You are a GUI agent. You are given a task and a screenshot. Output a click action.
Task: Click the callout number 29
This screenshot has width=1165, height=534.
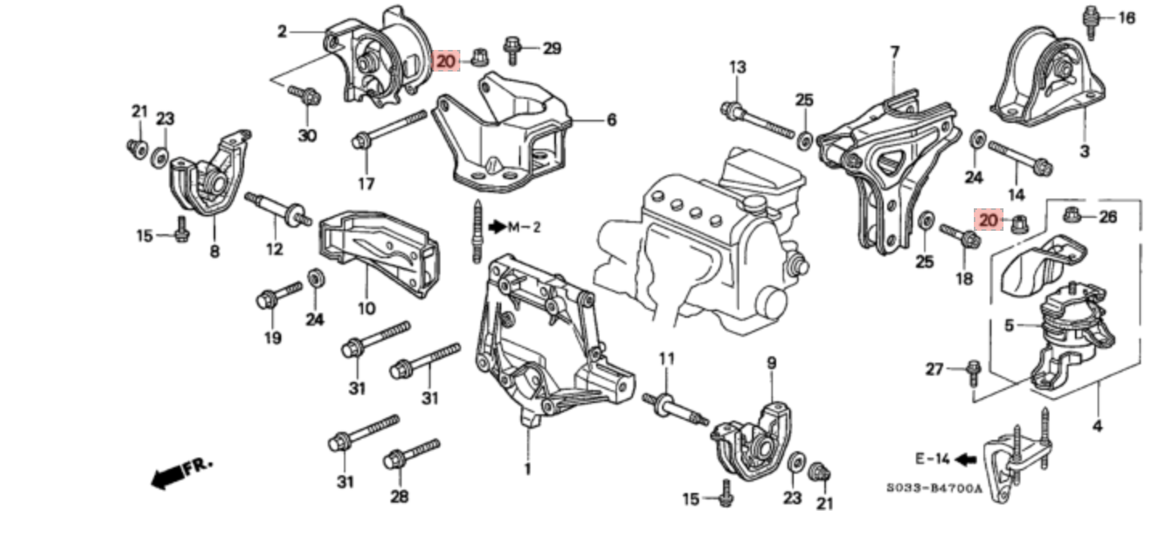tap(551, 49)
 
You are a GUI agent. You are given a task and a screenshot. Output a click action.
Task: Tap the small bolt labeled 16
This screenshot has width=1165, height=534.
tap(1091, 21)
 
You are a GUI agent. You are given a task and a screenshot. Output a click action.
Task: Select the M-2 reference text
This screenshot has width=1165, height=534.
tap(522, 228)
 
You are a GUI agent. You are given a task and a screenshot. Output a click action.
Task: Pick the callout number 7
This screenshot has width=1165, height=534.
tap(894, 52)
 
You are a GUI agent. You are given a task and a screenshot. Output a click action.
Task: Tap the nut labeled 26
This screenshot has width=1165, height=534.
tap(1073, 215)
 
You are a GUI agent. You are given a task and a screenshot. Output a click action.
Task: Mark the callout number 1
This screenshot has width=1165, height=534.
tap(527, 469)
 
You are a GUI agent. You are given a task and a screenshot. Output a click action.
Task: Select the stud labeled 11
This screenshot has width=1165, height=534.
tap(674, 405)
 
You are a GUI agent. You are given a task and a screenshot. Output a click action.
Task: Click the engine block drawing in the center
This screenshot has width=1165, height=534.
tap(707, 241)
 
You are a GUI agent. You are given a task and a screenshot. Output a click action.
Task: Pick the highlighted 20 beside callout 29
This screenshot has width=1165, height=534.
tap(446, 60)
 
